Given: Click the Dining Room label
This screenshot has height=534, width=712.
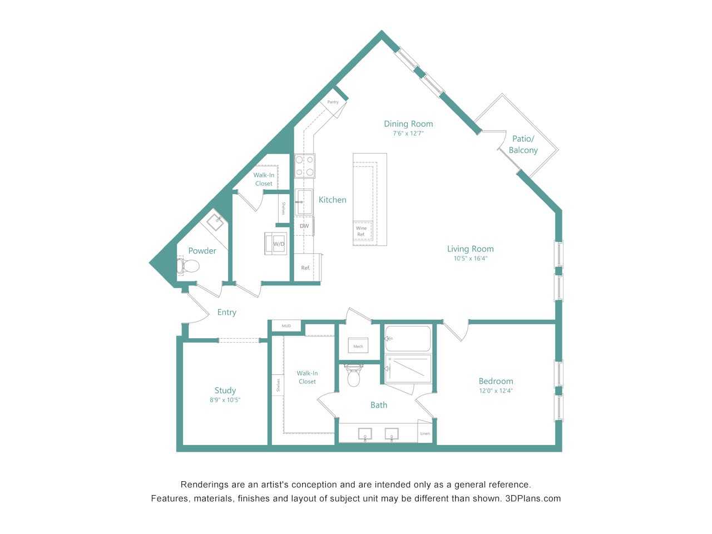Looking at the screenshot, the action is click(x=408, y=124).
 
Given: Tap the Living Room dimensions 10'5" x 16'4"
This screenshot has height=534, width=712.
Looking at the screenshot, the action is click(x=471, y=259).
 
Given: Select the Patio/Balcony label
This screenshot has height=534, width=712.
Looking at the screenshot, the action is click(x=523, y=144).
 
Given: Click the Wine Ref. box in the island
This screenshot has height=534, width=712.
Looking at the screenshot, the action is click(x=362, y=231).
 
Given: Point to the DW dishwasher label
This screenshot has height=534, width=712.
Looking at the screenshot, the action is click(x=304, y=226).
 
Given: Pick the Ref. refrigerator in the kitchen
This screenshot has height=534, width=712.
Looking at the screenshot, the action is click(x=305, y=268).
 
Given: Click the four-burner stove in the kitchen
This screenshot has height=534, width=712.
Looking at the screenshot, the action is click(x=304, y=166).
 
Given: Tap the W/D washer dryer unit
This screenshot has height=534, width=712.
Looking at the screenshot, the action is click(x=275, y=244).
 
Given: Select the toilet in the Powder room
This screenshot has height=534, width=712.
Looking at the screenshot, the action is click(x=188, y=266).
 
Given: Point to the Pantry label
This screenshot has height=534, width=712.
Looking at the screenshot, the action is click(x=333, y=102).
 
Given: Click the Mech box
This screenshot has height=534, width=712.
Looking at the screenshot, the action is click(x=358, y=346).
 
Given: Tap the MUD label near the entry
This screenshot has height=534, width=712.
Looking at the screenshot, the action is click(x=286, y=326).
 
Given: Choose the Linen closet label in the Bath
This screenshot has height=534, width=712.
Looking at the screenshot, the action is click(x=425, y=433).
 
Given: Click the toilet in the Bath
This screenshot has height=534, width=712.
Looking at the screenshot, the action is click(x=354, y=375).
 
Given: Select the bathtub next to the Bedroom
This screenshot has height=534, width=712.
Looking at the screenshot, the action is click(x=408, y=338).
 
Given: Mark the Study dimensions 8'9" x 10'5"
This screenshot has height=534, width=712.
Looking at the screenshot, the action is click(x=225, y=400).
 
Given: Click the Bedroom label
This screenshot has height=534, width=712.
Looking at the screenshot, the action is click(x=496, y=381).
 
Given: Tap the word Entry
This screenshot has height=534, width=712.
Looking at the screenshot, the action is click(x=227, y=312).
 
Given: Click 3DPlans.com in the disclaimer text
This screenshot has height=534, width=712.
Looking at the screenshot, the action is click(x=533, y=498).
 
